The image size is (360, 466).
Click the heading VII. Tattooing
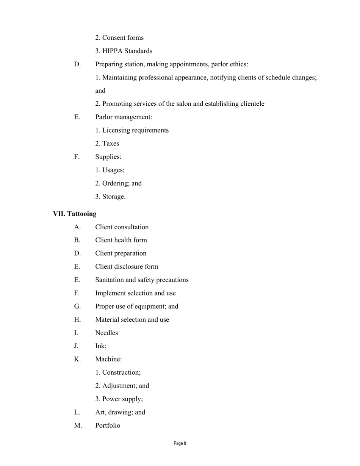tap(75, 214)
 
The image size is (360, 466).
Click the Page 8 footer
tap(180, 443)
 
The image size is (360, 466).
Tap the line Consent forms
tap(119, 38)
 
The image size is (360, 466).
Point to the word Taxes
tap(111, 144)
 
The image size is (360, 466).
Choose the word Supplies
tap(108, 157)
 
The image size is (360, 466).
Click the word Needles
tap(106, 333)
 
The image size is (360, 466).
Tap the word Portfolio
tap(108, 425)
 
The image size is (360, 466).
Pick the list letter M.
tap(78, 425)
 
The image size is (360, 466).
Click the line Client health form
tap(121, 240)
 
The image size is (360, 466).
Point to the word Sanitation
tap(110, 280)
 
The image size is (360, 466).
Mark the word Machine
tap(108, 359)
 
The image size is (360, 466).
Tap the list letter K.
tap(77, 359)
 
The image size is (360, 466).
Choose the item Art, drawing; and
tap(120, 412)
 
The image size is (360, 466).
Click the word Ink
tap(100, 346)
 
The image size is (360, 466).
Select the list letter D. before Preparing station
tap(77, 64)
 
